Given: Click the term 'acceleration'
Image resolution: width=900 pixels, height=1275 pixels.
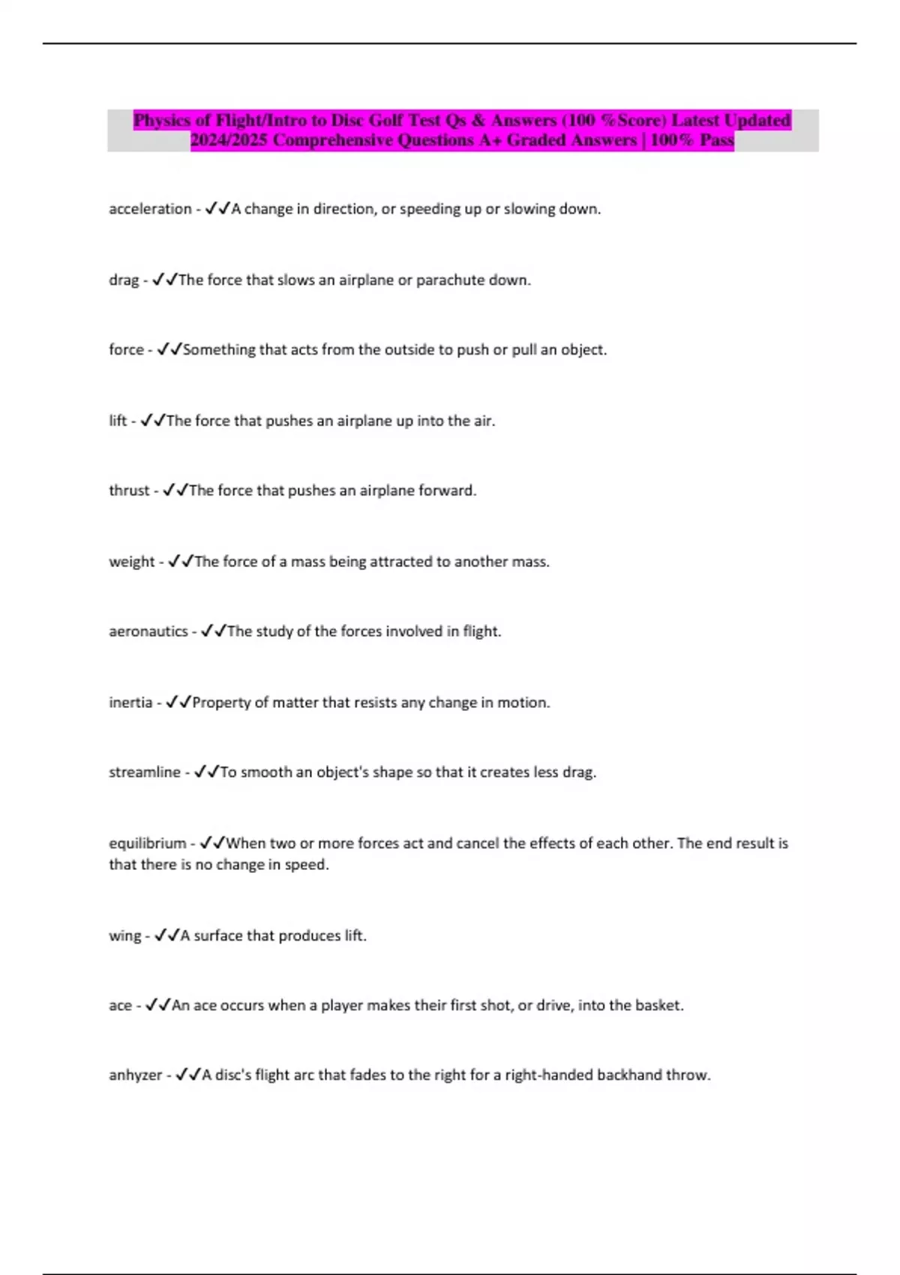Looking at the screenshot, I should [x=150, y=209].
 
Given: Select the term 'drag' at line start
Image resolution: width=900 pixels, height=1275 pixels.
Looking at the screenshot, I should [x=124, y=280].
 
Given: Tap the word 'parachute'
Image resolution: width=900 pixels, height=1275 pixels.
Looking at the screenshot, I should [x=450, y=280].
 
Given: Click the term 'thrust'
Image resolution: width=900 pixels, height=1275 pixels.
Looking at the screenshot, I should [x=129, y=490].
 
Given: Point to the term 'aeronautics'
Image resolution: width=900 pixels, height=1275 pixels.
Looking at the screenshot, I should [x=148, y=631].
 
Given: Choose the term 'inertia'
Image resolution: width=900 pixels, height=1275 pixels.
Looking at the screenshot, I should [x=130, y=703].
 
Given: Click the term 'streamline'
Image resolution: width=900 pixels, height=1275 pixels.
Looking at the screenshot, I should [x=145, y=772].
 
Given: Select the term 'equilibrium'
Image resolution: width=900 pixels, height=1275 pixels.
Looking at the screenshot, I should [x=148, y=844].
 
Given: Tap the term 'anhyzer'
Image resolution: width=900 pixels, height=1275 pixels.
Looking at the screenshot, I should [x=135, y=1075].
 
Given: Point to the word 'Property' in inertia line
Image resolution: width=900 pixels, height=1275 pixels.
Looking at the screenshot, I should [x=221, y=703].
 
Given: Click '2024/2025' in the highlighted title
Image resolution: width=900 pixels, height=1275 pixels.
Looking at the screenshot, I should [x=229, y=140].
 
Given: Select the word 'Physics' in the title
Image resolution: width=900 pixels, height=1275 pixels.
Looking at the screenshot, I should [x=161, y=120].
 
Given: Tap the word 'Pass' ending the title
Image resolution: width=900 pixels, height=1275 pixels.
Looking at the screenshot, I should [x=716, y=140].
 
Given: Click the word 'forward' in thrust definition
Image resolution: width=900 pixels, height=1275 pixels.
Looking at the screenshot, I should [x=447, y=490].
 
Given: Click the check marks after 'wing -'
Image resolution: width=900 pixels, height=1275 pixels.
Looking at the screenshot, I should [x=166, y=936].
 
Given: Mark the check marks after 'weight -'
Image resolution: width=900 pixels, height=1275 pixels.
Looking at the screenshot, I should [x=181, y=562].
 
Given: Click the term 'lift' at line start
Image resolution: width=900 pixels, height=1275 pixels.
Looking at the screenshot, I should [x=118, y=421].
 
